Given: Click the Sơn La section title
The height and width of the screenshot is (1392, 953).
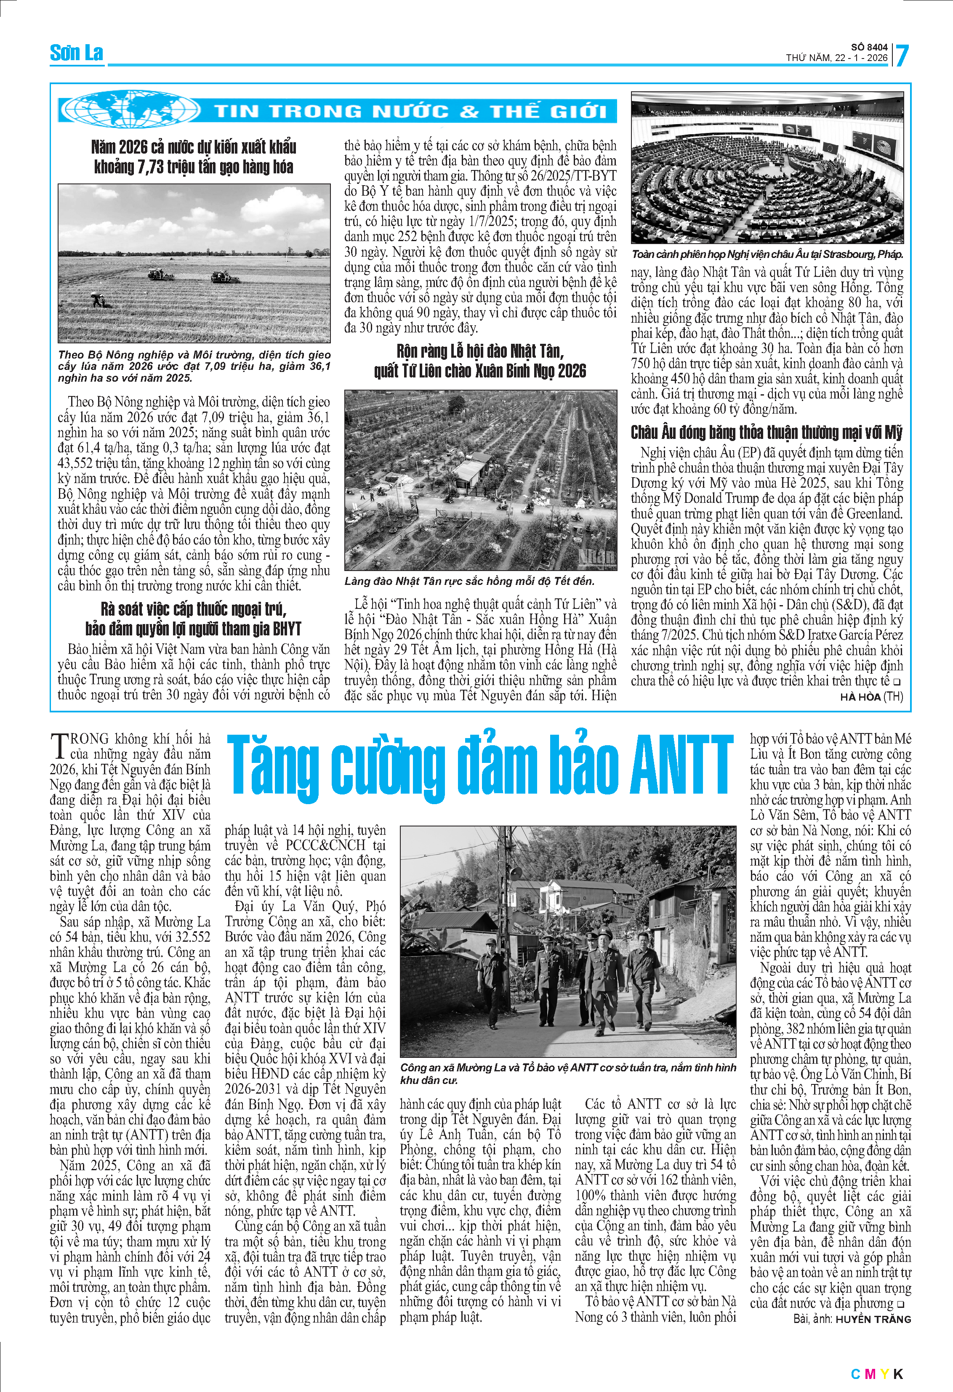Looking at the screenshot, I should click(x=76, y=53).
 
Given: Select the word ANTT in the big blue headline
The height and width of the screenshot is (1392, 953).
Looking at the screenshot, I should click(x=681, y=767).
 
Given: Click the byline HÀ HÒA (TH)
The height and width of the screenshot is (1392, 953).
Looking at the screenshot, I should click(x=871, y=696).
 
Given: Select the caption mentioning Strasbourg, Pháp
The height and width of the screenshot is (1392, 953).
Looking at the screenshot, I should click(x=767, y=255).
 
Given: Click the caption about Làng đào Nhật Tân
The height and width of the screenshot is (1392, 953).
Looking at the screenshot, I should click(x=469, y=581).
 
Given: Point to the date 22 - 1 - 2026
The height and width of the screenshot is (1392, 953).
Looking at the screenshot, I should click(x=861, y=58).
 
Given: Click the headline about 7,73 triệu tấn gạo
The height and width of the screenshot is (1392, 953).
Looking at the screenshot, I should click(x=194, y=157).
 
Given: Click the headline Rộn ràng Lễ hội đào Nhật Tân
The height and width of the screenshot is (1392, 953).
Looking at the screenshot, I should click(x=480, y=361).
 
